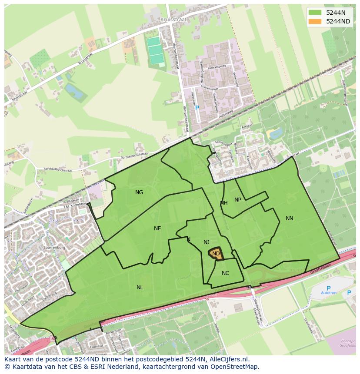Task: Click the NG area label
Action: tap(139, 192)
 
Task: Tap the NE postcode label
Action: tap(157, 228)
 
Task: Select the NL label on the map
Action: tap(140, 288)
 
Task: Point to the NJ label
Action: tap(207, 242)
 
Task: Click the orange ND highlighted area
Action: tap(216, 254)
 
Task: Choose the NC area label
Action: tap(225, 273)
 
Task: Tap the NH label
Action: tap(224, 203)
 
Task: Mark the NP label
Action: tap(238, 200)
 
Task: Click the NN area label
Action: tap(290, 218)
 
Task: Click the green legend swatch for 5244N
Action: tap(315, 13)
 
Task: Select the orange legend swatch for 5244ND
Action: tap(315, 21)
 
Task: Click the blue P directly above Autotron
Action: tap(329, 288)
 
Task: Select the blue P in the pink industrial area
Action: tap(197, 108)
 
